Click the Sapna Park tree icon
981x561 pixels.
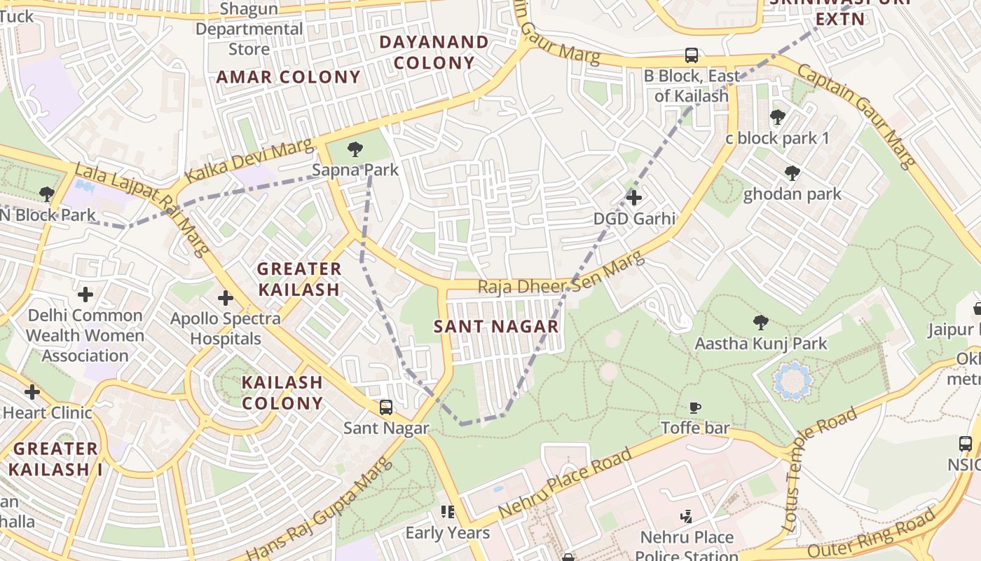(x=355, y=149)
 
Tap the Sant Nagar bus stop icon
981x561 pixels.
(x=385, y=407)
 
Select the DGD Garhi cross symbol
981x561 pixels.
(x=634, y=198)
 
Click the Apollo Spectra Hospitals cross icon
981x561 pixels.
(x=226, y=298)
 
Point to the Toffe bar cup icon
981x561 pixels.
(x=695, y=407)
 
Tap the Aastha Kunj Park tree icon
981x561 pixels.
(x=760, y=323)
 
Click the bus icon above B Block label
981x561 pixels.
(x=692, y=55)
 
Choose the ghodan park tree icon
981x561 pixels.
(x=792, y=173)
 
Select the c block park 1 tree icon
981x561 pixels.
(x=777, y=117)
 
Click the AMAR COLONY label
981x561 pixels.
(x=288, y=77)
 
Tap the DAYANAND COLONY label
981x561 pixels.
(x=434, y=52)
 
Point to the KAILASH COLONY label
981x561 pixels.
(x=282, y=393)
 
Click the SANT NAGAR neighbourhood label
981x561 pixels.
(x=496, y=326)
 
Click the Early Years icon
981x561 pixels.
(x=448, y=512)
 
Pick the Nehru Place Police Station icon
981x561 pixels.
(x=687, y=517)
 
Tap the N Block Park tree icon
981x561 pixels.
(x=47, y=194)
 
